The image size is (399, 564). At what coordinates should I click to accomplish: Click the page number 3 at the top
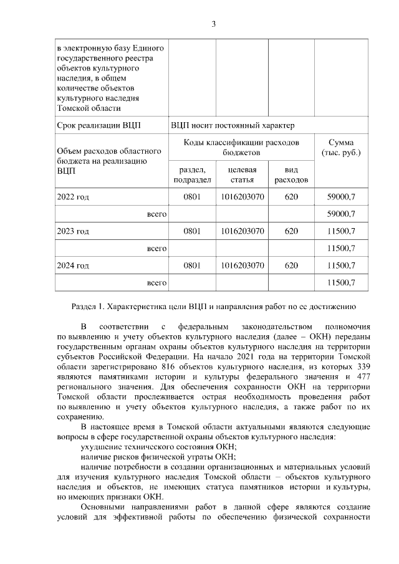pyautogui.click(x=213, y=24)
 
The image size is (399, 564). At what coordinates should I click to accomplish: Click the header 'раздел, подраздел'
pyautogui.click(x=192, y=174)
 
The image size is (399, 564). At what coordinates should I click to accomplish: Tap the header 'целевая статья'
pyautogui.click(x=242, y=174)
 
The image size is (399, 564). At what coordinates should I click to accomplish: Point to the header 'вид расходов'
pyautogui.click(x=291, y=174)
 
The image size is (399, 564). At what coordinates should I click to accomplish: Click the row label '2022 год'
pyautogui.click(x=73, y=198)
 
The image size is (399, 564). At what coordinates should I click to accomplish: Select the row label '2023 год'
pyautogui.click(x=73, y=231)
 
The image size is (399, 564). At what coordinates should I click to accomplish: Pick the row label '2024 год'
pyautogui.click(x=73, y=265)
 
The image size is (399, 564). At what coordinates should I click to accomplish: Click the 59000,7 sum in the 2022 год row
pyautogui.click(x=340, y=198)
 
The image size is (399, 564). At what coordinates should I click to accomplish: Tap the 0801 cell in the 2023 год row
pyautogui.click(x=192, y=231)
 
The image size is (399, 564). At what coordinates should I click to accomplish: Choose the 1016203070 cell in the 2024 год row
pyautogui.click(x=242, y=265)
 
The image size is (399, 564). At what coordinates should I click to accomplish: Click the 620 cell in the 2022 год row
pyautogui.click(x=291, y=198)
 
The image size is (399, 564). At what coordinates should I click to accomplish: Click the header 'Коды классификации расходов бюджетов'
pyautogui.click(x=241, y=147)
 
